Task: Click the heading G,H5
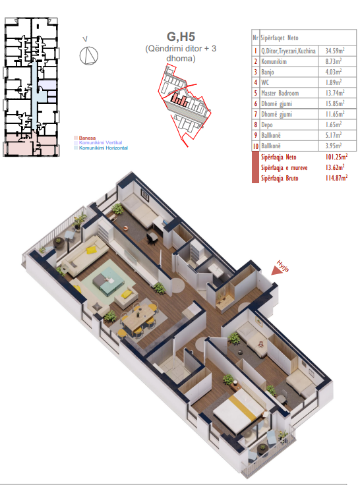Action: tap(181, 36)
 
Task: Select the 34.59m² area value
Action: tap(335, 51)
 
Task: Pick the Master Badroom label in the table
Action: tap(280, 93)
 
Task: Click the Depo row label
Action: tap(266, 125)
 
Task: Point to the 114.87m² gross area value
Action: tap(336, 178)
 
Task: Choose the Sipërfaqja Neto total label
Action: tap(279, 157)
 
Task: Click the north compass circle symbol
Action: tap(89, 56)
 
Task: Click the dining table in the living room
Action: tap(138, 318)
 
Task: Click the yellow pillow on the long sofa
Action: tap(91, 250)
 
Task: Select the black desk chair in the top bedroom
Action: tap(152, 238)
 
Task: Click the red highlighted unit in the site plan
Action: tap(179, 99)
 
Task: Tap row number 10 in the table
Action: tap(256, 146)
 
